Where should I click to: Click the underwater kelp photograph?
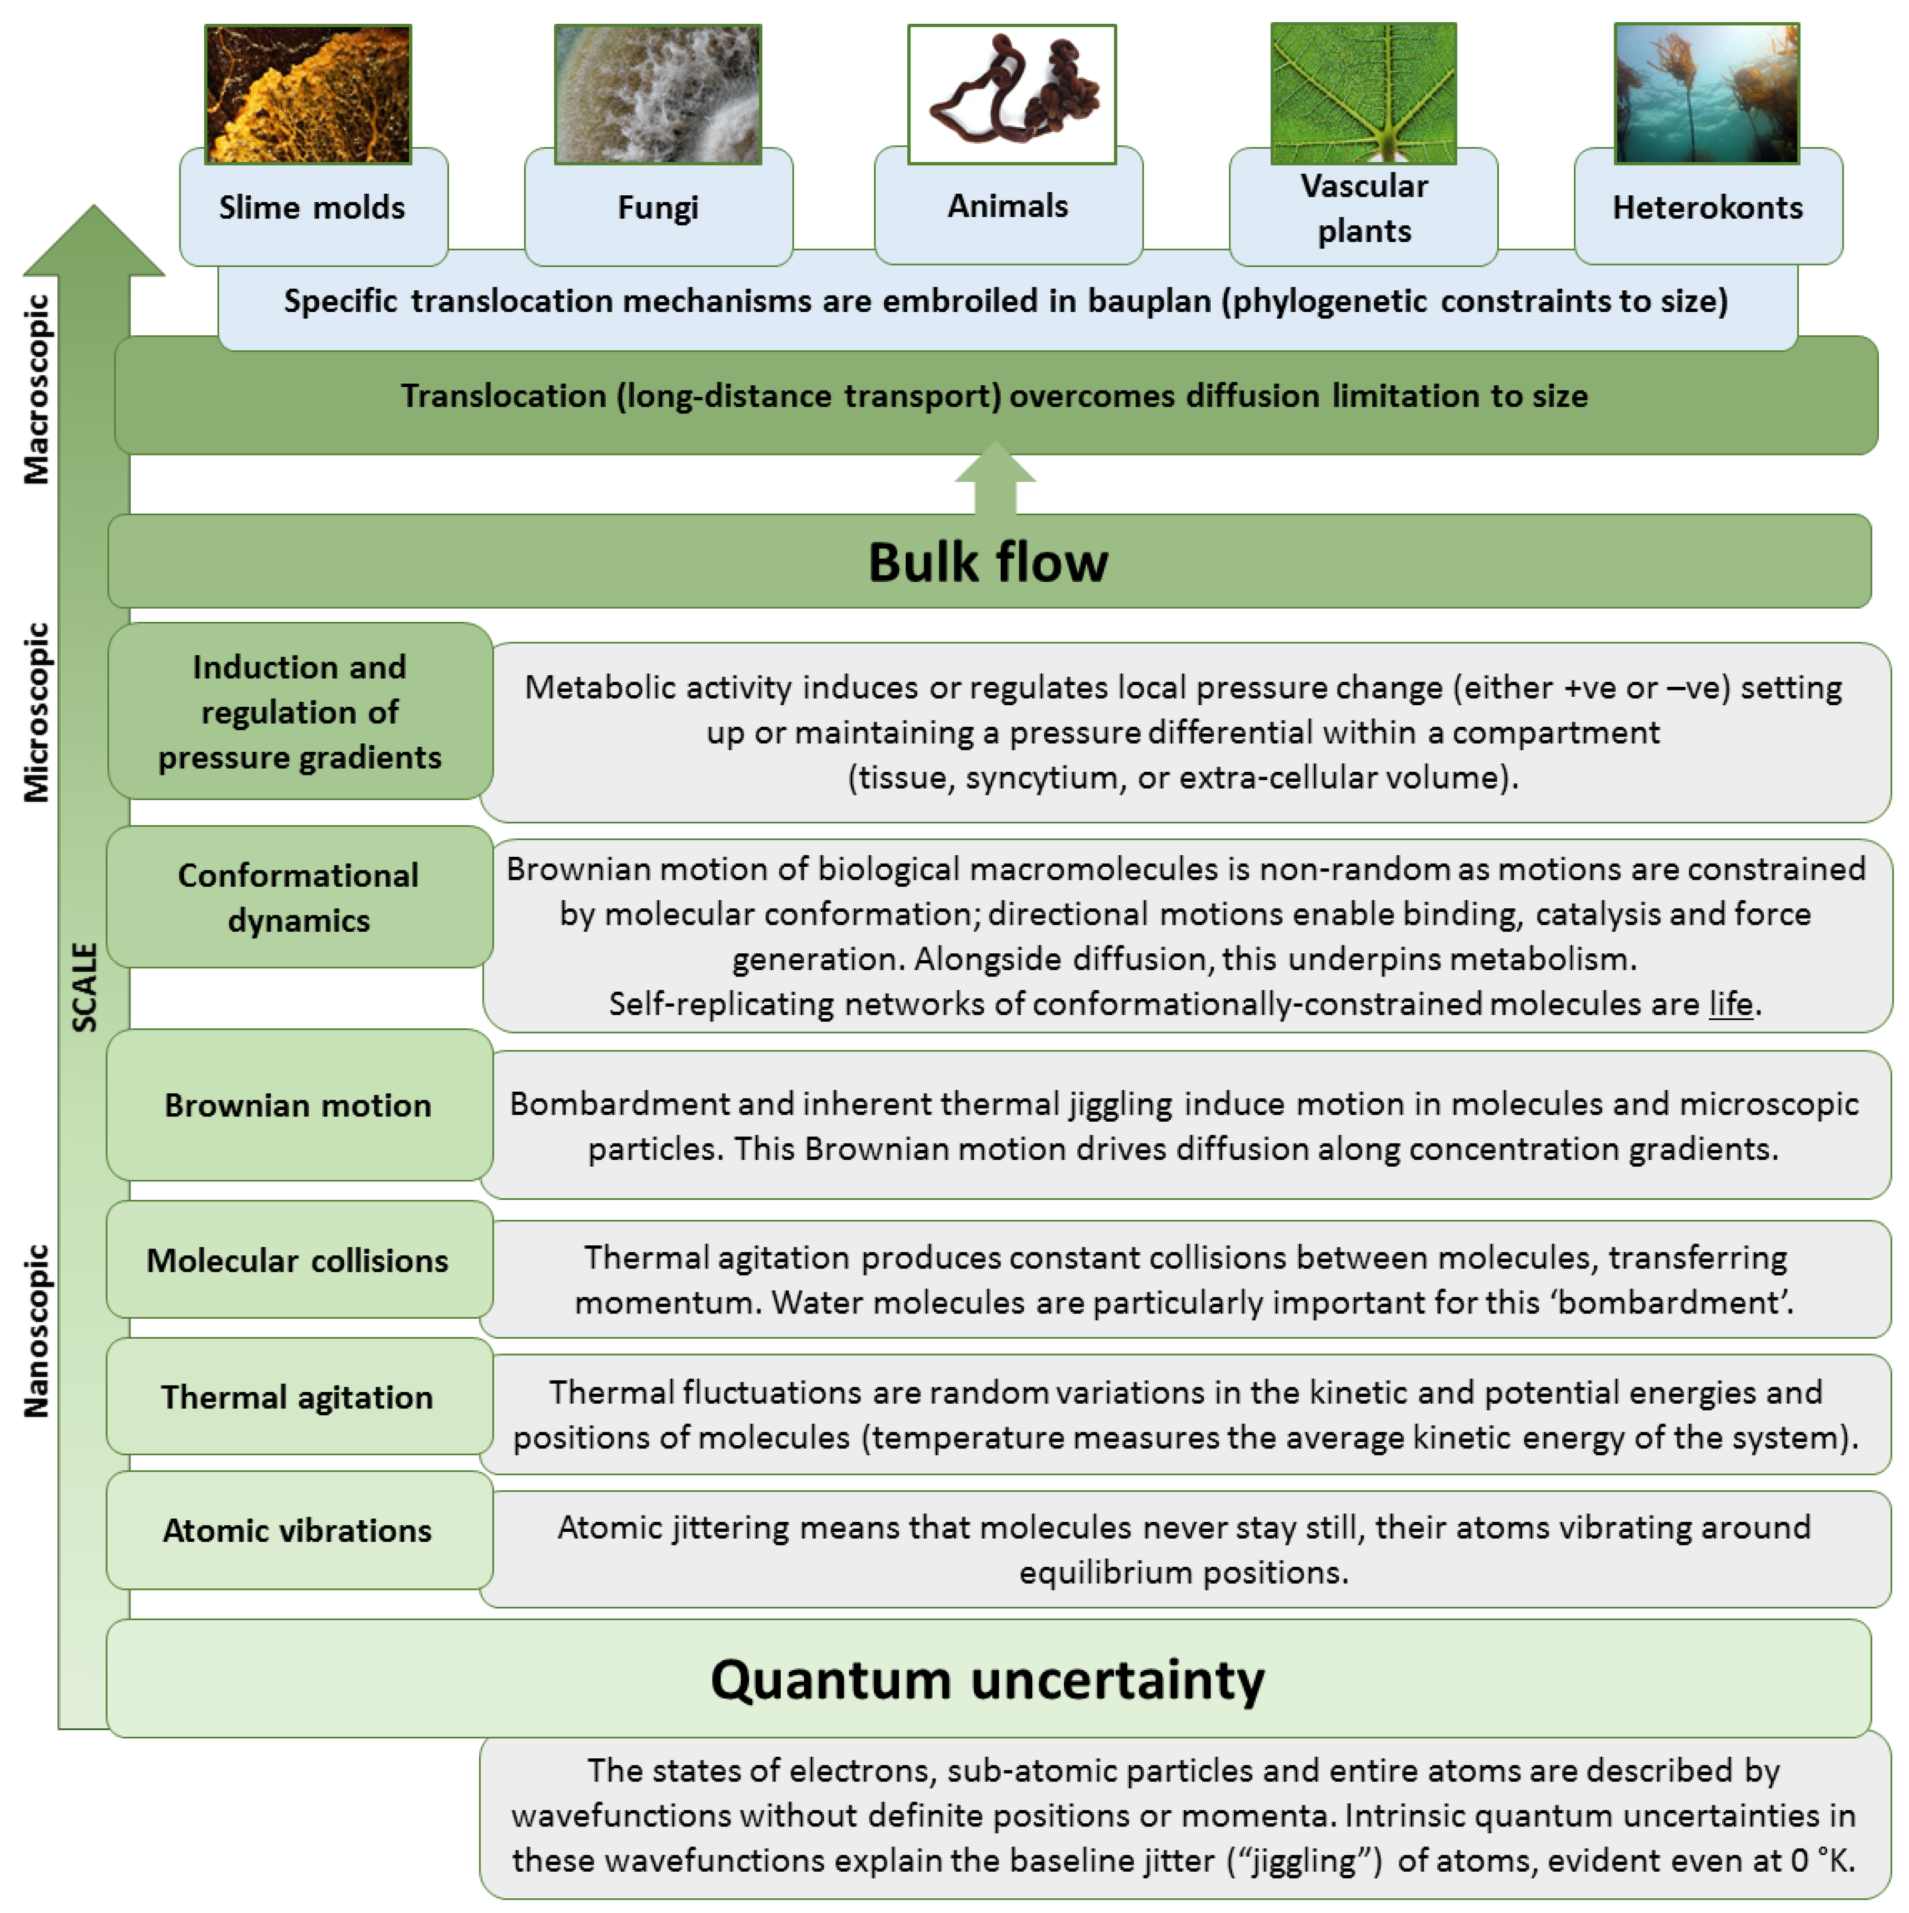(x=1706, y=94)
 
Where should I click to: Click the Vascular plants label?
(x=1363, y=208)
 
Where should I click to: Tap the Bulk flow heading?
(x=988, y=562)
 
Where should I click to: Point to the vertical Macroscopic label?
(x=36, y=389)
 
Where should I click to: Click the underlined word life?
(x=1730, y=1004)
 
